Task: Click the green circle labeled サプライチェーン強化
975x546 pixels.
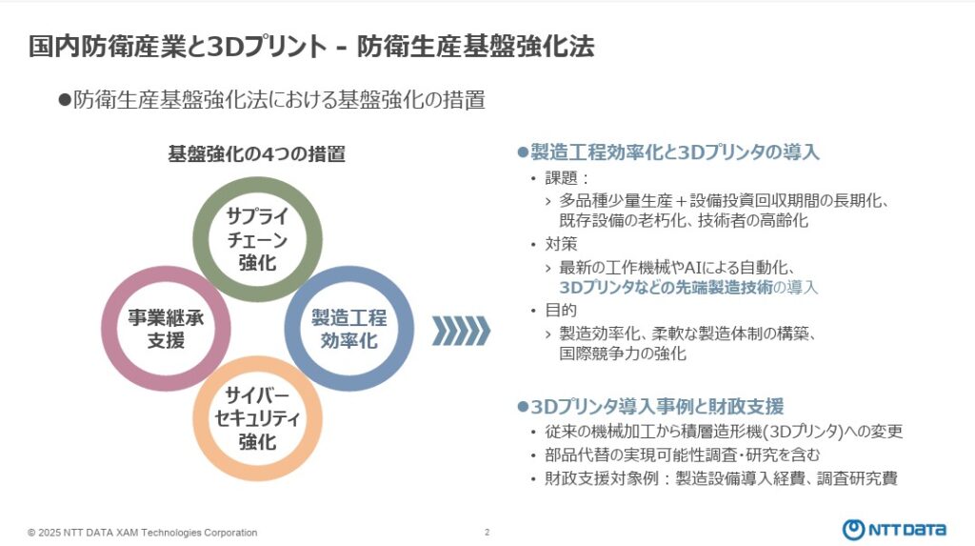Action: click(257, 186)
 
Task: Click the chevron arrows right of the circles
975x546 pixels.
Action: click(461, 331)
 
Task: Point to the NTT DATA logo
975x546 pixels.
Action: click(894, 530)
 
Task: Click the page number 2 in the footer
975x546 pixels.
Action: click(487, 533)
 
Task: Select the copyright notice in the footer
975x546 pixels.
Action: click(143, 533)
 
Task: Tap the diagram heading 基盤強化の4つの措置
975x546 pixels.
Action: click(257, 153)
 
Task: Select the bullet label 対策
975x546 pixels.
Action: click(562, 244)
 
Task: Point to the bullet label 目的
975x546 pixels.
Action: click(562, 310)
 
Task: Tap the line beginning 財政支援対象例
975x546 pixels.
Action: click(722, 478)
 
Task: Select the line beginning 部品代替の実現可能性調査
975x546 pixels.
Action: click(683, 455)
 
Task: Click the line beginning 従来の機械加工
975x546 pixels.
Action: click(724, 432)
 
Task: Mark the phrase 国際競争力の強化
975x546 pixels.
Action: click(623, 354)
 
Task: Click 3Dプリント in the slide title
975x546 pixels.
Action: click(267, 47)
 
